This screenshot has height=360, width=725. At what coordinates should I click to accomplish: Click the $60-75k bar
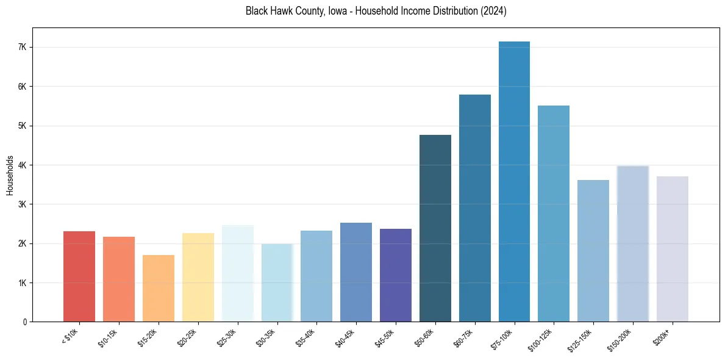[x=475, y=208]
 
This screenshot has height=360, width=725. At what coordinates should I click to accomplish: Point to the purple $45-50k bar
[x=396, y=275]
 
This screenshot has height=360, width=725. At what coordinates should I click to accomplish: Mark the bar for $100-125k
[x=554, y=214]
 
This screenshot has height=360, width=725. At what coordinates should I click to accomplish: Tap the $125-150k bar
[x=593, y=251]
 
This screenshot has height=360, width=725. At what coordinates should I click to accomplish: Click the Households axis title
[x=10, y=175]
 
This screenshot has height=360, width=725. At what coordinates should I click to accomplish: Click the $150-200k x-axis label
[x=629, y=338]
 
